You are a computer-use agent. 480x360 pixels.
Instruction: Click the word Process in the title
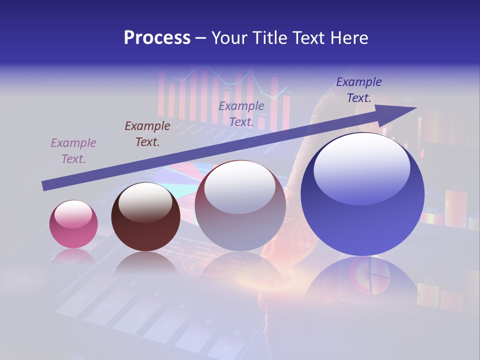point(157,38)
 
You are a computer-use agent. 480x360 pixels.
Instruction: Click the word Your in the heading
point(230,38)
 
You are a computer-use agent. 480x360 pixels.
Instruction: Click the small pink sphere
point(73,224)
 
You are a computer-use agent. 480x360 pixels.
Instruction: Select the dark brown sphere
point(145,217)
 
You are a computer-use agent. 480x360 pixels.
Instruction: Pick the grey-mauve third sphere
point(240,206)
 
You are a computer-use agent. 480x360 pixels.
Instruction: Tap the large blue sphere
point(362,194)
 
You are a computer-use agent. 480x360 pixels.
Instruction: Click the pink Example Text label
point(73,151)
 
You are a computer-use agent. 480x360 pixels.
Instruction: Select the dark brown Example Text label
point(147,134)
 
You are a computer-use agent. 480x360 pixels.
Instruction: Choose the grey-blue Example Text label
point(241,113)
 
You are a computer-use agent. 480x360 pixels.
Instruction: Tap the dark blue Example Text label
point(359,90)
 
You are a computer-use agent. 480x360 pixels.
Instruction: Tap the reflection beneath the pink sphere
point(73,257)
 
